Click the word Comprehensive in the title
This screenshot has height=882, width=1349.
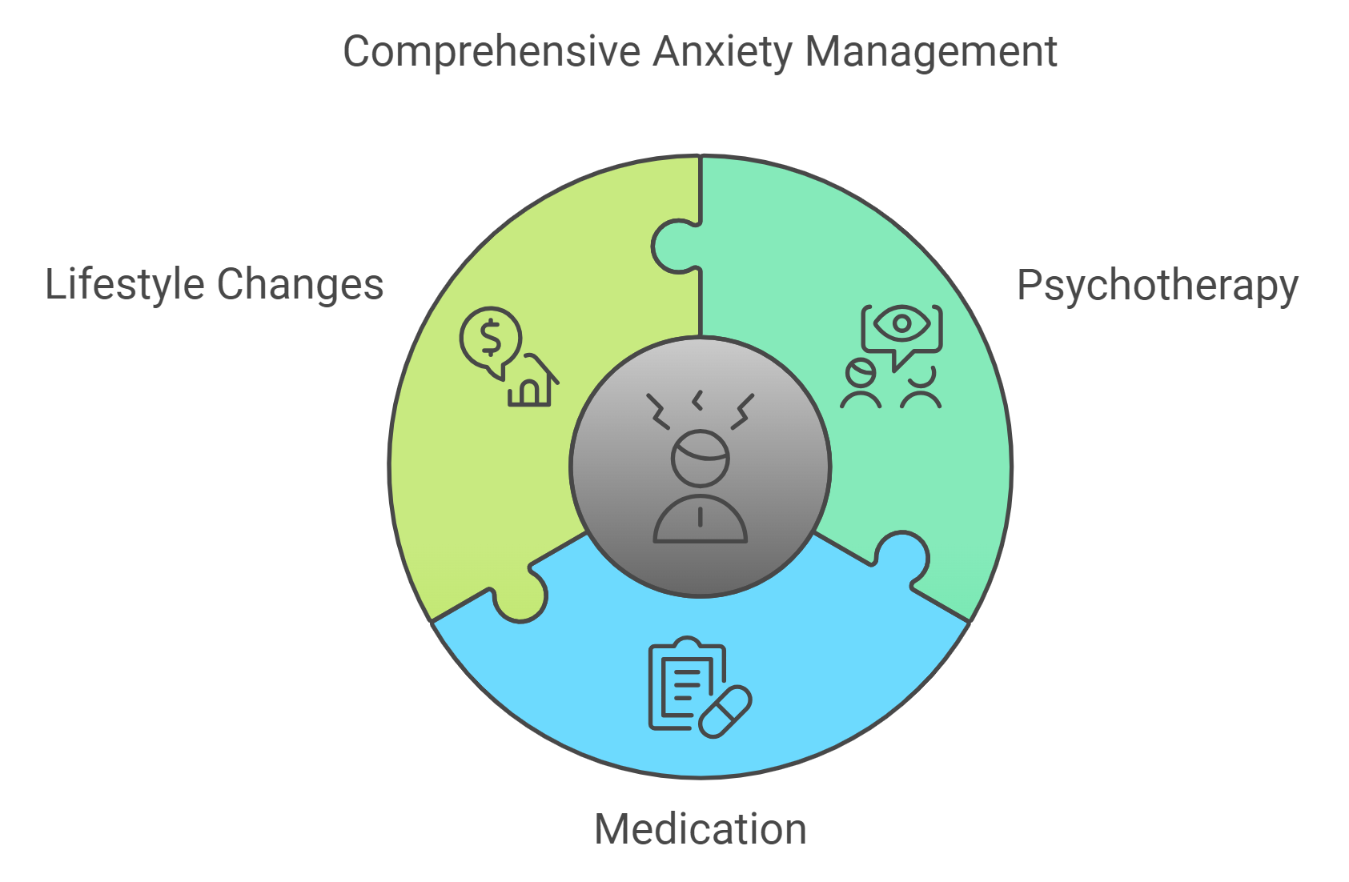click(491, 52)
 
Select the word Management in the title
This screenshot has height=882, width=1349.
click(930, 52)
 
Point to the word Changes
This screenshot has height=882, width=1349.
click(300, 284)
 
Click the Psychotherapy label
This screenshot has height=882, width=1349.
click(1157, 286)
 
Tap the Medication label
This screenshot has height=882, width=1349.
click(700, 829)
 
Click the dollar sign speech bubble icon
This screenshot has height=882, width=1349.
click(491, 339)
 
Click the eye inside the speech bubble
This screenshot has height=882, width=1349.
click(901, 323)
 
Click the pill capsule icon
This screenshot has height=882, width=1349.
click(725, 711)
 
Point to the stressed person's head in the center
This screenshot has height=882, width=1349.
click(700, 459)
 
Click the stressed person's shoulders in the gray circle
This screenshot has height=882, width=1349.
click(700, 520)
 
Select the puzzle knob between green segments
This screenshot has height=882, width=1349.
click(674, 246)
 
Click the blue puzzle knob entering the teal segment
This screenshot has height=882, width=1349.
click(902, 557)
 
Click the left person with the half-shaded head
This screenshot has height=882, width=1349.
click(861, 384)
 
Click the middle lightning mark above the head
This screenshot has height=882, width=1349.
click(698, 400)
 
